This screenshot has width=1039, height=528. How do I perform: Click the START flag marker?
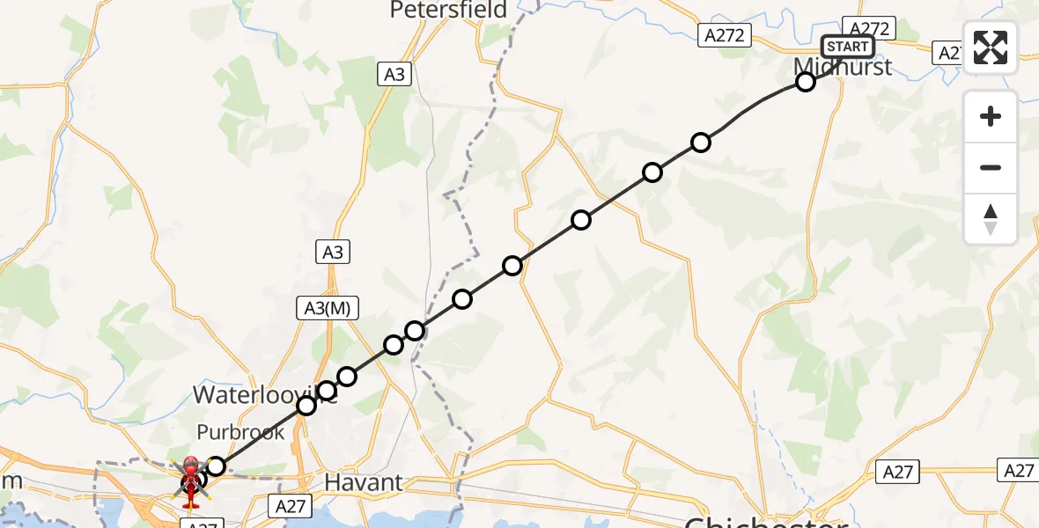(847, 47)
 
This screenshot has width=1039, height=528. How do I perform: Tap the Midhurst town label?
(842, 67)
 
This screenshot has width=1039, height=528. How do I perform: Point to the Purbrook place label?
(240, 432)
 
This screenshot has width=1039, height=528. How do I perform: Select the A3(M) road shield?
(327, 307)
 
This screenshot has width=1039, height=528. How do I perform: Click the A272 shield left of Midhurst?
(726, 35)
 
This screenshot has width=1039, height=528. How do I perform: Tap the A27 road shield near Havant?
(291, 506)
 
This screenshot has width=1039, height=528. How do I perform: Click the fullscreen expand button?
(991, 48)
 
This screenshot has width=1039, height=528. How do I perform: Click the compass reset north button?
(991, 219)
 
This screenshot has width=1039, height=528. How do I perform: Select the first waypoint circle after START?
(805, 82)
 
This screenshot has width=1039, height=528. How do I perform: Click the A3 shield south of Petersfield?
(394, 75)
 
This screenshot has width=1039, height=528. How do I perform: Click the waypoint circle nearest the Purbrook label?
(216, 466)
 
